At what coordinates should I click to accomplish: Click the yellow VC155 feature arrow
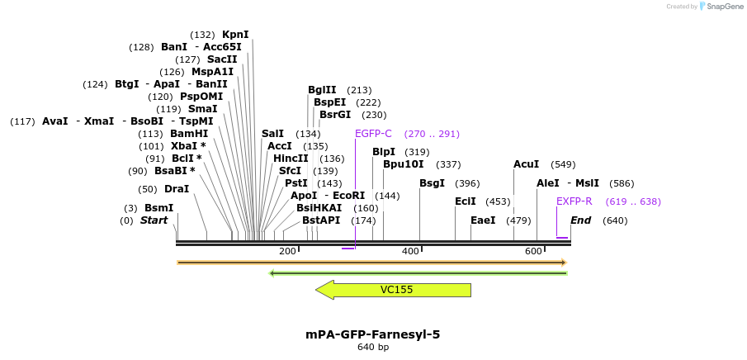[396, 290]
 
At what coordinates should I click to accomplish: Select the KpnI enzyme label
[235, 35]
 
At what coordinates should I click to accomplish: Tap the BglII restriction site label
[322, 90]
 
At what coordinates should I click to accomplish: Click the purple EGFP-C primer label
[373, 134]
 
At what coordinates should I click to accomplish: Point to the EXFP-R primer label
[574, 201]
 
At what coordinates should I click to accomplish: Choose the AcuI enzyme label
[526, 164]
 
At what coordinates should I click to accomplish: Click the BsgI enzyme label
[432, 183]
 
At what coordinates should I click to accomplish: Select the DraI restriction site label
[177, 189]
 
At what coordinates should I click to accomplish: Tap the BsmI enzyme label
[158, 208]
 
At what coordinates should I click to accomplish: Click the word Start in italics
[154, 220]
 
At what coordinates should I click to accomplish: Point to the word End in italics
[580, 220]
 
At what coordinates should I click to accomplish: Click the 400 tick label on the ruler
[410, 251]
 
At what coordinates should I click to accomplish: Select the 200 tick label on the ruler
[287, 251]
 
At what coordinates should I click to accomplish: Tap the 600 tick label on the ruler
[533, 251]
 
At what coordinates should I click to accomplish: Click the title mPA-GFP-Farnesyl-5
[373, 334]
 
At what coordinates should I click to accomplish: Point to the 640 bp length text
[373, 348]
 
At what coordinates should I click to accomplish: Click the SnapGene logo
[721, 7]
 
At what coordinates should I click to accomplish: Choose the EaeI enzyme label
[483, 220]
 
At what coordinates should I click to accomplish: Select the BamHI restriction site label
[189, 134]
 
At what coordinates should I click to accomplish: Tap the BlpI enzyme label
[384, 152]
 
